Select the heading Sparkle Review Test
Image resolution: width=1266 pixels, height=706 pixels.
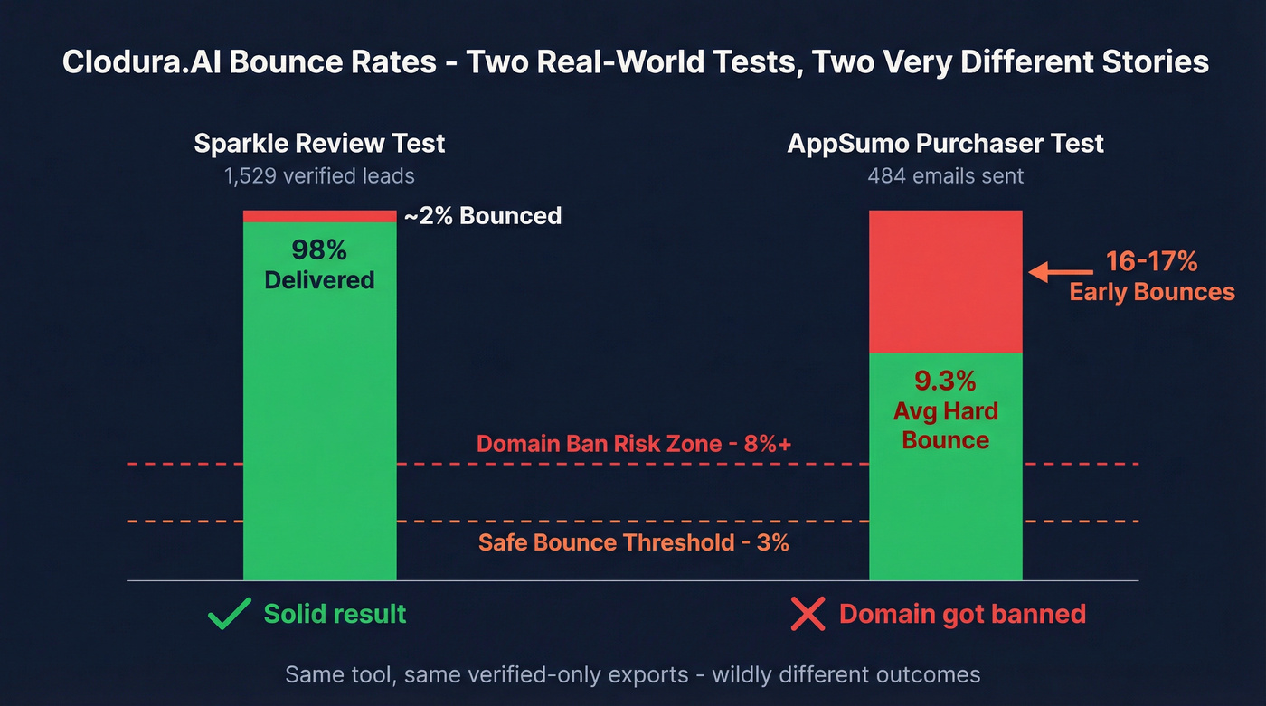(319, 143)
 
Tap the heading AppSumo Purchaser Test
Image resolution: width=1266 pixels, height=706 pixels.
(945, 143)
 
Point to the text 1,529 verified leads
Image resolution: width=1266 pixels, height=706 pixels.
(319, 175)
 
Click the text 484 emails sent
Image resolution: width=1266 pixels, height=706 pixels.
(945, 175)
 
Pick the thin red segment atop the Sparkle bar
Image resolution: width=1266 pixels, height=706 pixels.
(319, 216)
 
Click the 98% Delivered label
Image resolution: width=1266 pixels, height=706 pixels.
(319, 265)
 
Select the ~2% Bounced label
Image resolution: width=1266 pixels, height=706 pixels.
(483, 216)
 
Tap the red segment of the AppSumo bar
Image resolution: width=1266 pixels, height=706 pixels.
(945, 281)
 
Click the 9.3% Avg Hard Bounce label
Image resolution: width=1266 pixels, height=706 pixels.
(945, 411)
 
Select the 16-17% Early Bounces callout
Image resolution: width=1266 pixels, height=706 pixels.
(1151, 277)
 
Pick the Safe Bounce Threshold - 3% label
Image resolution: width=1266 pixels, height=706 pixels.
(634, 542)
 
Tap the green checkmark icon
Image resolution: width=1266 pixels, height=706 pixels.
(229, 615)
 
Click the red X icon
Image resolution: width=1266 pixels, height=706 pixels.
(808, 615)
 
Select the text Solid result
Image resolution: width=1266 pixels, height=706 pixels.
(335, 615)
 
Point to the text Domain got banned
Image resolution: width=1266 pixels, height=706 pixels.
(962, 615)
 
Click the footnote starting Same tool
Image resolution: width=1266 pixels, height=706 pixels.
(633, 674)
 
